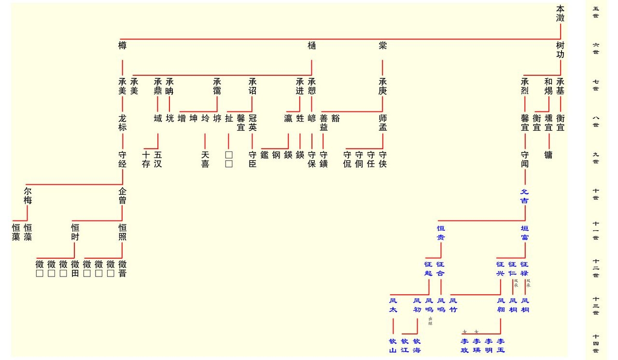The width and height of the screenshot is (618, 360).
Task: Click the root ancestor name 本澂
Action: click(x=560, y=14)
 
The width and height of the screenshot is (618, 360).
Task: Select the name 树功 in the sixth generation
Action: click(x=560, y=50)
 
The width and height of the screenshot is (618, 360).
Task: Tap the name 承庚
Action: click(x=383, y=86)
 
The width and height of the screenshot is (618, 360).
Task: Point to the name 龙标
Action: click(x=123, y=123)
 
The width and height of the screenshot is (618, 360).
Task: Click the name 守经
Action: click(x=123, y=159)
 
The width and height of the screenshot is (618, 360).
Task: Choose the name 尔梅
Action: click(x=28, y=195)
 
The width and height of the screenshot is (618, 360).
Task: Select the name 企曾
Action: click(x=123, y=195)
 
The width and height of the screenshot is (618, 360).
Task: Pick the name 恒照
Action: click(x=123, y=232)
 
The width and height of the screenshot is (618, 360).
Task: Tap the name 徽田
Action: click(x=75, y=269)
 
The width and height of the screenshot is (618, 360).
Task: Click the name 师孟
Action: click(x=383, y=123)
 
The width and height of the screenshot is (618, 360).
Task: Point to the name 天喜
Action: click(x=205, y=159)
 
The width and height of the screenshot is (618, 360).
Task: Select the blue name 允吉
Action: click(x=524, y=196)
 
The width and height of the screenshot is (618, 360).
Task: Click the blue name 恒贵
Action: click(x=441, y=233)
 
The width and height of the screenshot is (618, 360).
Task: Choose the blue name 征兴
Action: click(x=500, y=269)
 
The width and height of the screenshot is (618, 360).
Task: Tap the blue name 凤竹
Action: click(x=453, y=305)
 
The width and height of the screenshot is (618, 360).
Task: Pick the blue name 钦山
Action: click(x=393, y=345)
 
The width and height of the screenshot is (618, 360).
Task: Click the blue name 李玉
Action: click(x=500, y=345)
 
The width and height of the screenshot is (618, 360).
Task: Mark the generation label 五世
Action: click(x=596, y=12)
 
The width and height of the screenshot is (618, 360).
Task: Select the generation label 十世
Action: click(x=596, y=194)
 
